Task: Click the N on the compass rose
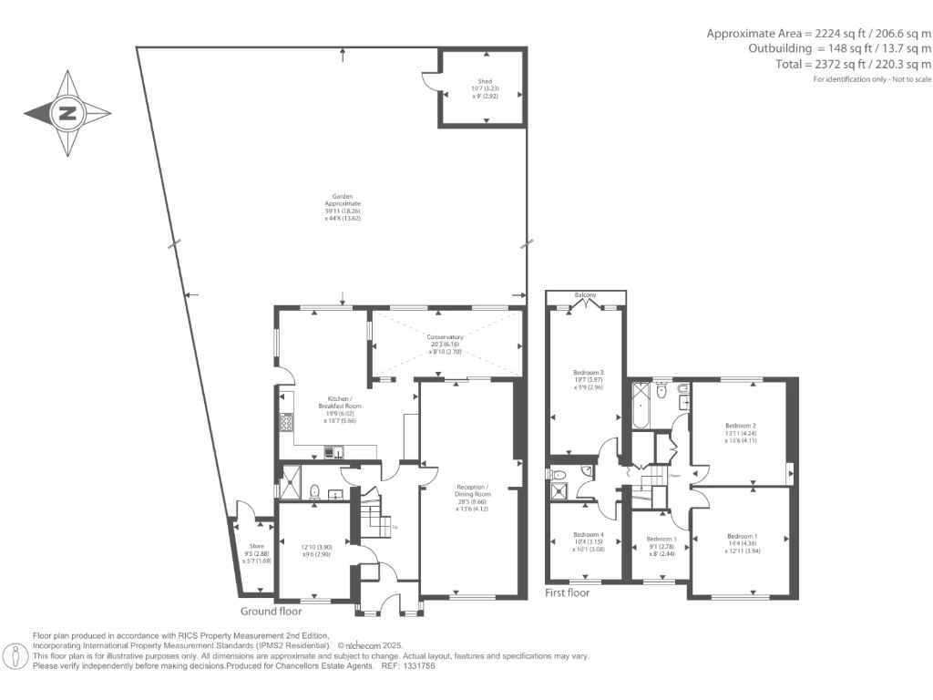click(x=67, y=114)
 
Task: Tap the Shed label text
click(x=484, y=81)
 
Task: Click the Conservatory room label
click(x=446, y=337)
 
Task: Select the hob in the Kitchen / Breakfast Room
click(x=286, y=422)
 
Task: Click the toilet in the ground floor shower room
click(x=314, y=492)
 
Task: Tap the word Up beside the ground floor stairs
click(x=394, y=527)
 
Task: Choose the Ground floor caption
click(x=271, y=612)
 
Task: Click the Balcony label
click(x=585, y=294)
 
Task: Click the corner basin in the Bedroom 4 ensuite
click(x=556, y=475)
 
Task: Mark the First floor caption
click(x=567, y=592)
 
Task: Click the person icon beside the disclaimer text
click(x=15, y=654)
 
